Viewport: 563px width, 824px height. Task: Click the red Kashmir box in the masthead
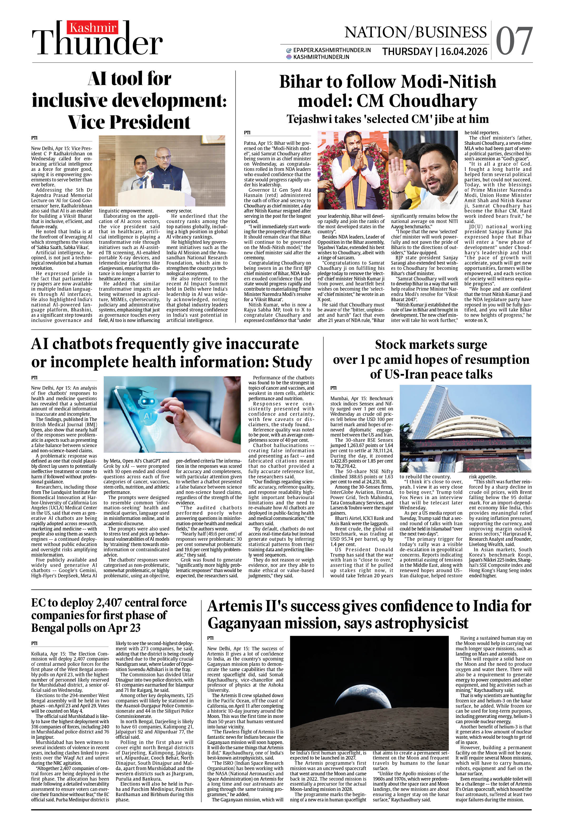[93, 28]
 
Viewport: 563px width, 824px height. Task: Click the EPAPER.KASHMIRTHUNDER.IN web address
[332, 50]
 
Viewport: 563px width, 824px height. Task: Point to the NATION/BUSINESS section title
[415, 32]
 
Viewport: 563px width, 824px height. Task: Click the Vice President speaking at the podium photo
[162, 171]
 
